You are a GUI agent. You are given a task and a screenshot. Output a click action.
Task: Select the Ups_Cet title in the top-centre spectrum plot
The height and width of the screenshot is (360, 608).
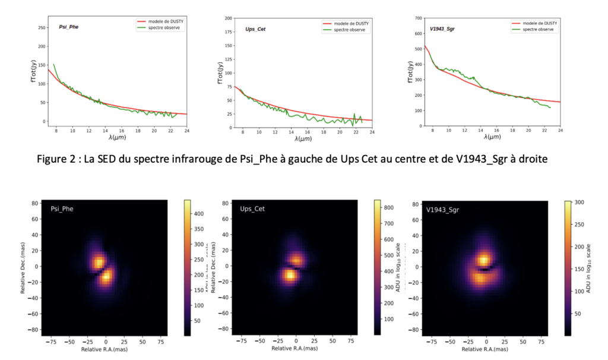[x=255, y=29]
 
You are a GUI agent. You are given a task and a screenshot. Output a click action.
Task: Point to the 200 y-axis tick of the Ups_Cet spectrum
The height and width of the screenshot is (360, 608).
[x=228, y=18]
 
